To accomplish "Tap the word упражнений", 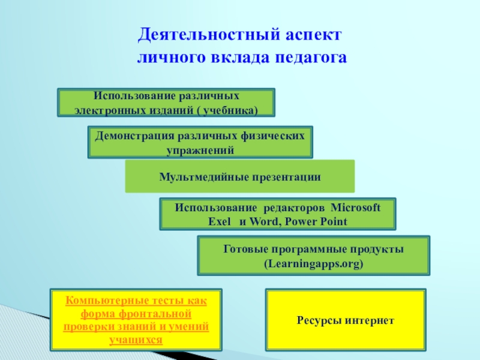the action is pyautogui.click(x=200, y=150).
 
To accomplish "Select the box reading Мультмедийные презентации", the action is pyautogui.click(x=240, y=176).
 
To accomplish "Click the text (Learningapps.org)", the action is pyautogui.click(x=313, y=263).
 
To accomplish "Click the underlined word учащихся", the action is pyautogui.click(x=136, y=340).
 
